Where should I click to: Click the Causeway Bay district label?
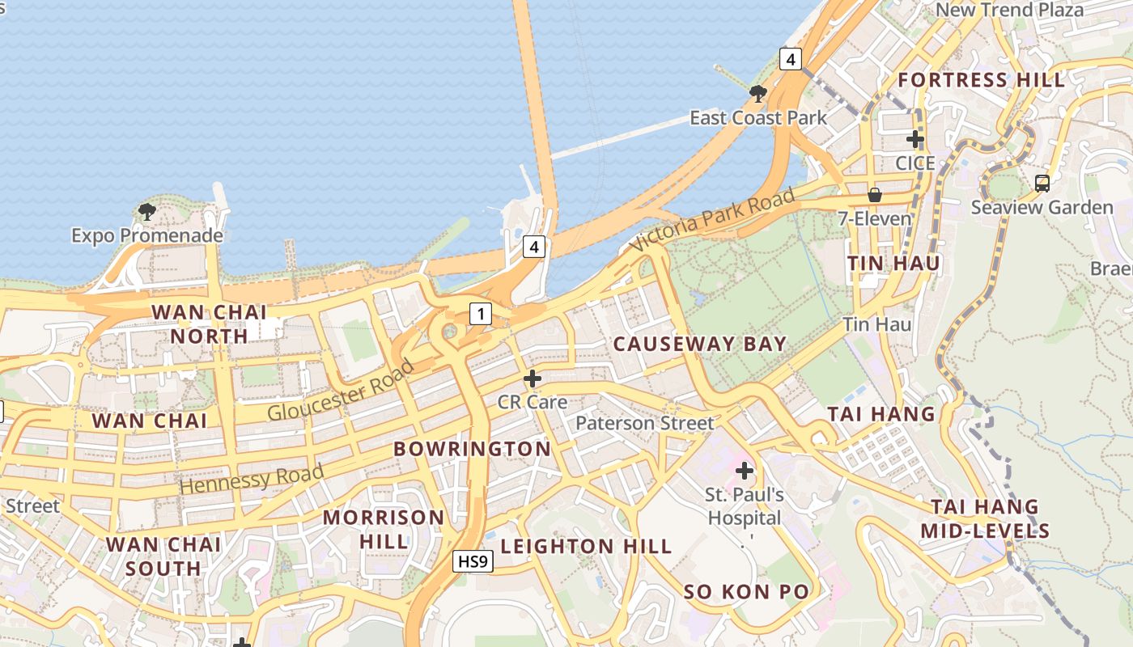point(699,344)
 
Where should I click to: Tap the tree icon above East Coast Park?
point(758,94)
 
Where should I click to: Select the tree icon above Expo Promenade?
point(146,212)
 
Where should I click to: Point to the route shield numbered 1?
point(481,314)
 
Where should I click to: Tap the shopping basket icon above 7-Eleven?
point(874,195)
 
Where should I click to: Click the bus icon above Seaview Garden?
point(1042,184)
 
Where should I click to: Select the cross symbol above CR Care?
point(533,378)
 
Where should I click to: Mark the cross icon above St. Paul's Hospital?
point(745,470)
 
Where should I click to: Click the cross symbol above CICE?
point(915,139)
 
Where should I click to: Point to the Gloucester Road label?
point(341,390)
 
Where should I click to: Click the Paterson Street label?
point(645,423)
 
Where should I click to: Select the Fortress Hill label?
point(982,80)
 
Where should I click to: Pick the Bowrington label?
point(472,449)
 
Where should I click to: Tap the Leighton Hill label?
point(586,547)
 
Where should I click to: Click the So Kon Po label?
point(746,592)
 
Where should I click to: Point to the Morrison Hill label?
point(384,529)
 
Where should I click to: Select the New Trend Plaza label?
point(1009,11)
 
